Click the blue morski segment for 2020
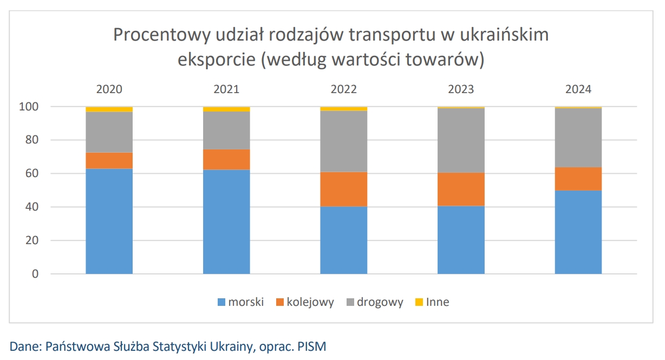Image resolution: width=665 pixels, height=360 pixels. click(x=109, y=221)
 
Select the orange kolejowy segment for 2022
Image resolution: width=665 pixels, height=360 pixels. click(x=344, y=189)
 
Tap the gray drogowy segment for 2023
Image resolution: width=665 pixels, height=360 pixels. click(x=461, y=140)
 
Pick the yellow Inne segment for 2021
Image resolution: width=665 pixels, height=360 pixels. click(x=226, y=109)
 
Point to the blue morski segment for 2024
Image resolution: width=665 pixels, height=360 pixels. click(x=578, y=232)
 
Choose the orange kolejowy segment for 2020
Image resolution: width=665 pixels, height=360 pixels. click(x=109, y=160)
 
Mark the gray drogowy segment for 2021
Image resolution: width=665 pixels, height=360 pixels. click(x=226, y=130)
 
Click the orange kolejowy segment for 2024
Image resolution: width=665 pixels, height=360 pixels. click(x=578, y=179)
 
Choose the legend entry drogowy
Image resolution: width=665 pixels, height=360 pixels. click(x=380, y=302)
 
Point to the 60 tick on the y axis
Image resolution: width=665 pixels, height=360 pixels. click(x=32, y=174)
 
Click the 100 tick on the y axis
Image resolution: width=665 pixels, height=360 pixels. click(x=29, y=107)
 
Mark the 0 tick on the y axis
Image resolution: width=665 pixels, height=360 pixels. click(x=36, y=274)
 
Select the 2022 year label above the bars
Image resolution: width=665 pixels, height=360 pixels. click(x=344, y=89)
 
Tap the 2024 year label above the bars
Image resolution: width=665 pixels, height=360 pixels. click(x=578, y=89)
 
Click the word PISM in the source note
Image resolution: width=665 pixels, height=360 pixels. click(x=312, y=346)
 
